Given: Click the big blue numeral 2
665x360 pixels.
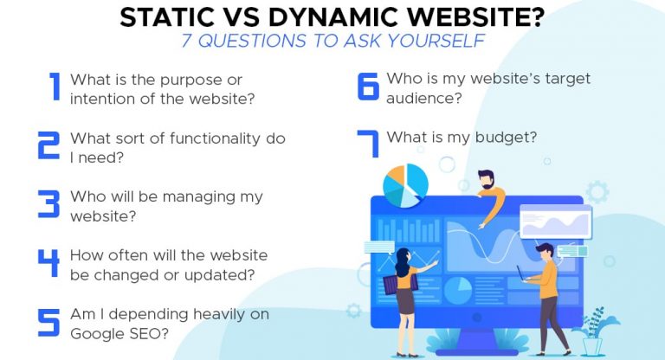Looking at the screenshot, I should click(48, 146).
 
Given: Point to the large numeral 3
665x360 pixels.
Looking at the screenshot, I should click(48, 205).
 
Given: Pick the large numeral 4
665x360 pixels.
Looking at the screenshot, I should click(48, 263).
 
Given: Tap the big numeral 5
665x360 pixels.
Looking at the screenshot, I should click(48, 322).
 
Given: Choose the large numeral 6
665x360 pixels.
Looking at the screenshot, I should click(367, 87).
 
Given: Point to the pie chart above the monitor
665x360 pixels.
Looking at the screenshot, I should click(406, 181).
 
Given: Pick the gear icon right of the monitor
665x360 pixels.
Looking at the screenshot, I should click(597, 192).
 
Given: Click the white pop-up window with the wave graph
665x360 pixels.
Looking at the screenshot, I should click(555, 222).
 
